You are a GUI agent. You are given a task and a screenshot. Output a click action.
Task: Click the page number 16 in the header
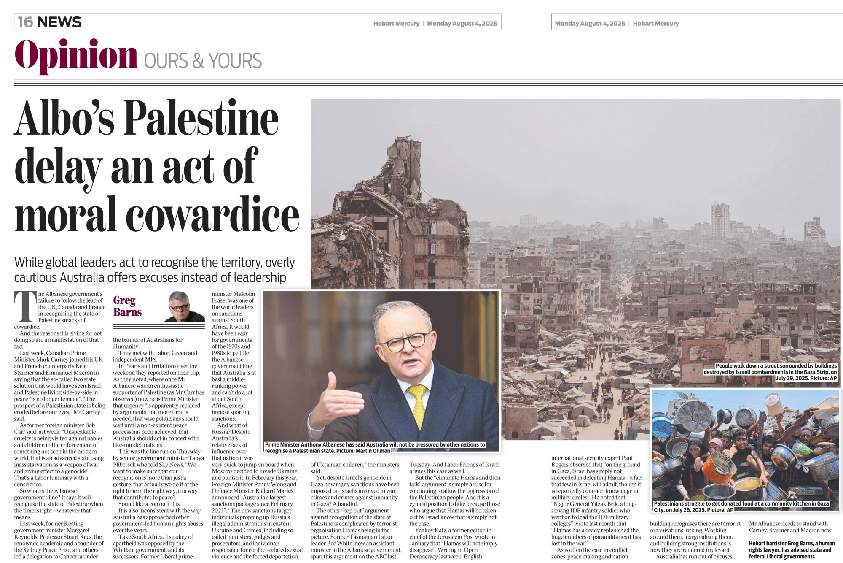pos(25,22)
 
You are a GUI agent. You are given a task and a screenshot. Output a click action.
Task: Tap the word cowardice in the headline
pos(212,215)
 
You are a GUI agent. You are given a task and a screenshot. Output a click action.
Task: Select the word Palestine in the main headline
pos(201,118)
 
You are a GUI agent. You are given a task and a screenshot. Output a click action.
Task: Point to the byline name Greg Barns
pos(127,306)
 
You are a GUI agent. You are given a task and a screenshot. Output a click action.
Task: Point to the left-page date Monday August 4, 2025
pos(462,24)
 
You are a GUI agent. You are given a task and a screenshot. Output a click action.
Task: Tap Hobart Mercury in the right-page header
pos(655,24)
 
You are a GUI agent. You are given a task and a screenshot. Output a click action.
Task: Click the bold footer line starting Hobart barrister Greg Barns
pos(791,544)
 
